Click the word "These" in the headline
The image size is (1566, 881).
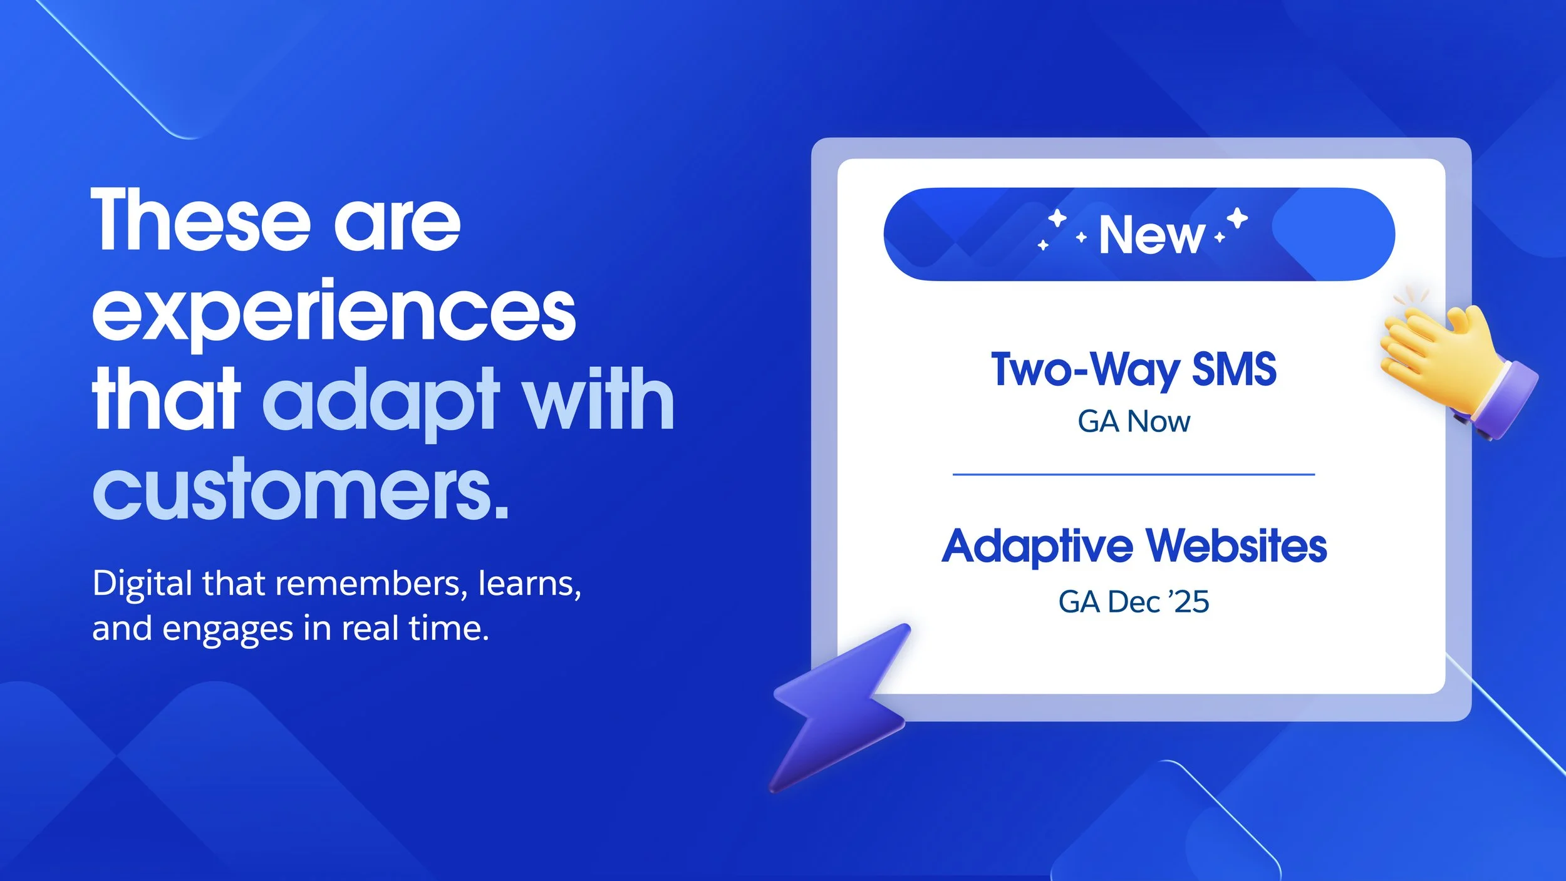coord(200,220)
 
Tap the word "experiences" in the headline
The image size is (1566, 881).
coord(334,311)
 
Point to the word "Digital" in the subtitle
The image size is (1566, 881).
coord(142,584)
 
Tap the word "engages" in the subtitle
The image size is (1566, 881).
coord(227,629)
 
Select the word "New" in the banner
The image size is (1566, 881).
coord(1151,235)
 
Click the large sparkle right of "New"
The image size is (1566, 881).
coord(1237,219)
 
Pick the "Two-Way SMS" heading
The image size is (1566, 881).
coord(1134,369)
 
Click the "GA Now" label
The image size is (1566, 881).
coord(1134,421)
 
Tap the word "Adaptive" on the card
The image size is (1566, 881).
coord(1037,547)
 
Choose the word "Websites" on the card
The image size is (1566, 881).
coord(1237,546)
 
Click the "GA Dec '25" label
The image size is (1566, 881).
coord(1134,602)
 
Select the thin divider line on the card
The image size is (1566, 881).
coord(1134,475)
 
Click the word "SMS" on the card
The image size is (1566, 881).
coord(1233,369)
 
